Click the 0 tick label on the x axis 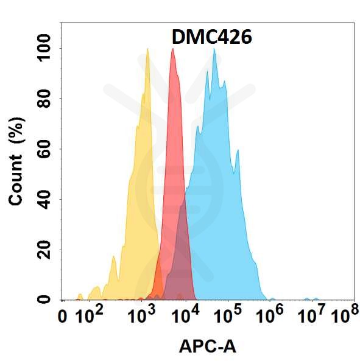pyautogui.click(x=62, y=317)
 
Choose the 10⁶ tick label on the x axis pyautogui.click(x=271, y=316)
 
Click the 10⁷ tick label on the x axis pyautogui.click(x=313, y=316)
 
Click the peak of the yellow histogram pyautogui.click(x=147, y=50)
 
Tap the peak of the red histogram pyautogui.click(x=173, y=50)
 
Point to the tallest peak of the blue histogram pyautogui.click(x=214, y=50)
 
